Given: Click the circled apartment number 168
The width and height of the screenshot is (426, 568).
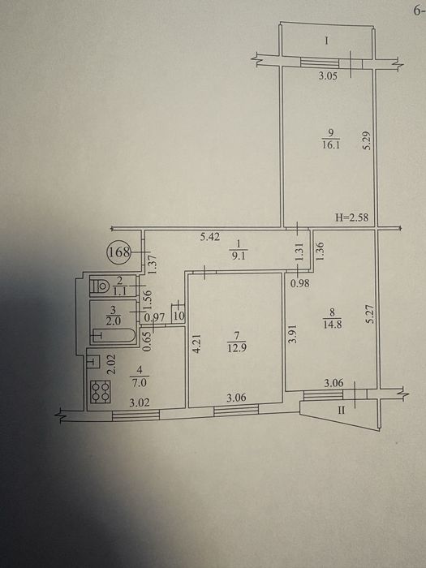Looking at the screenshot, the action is coord(118,252).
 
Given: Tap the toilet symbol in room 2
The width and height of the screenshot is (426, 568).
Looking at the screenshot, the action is coord(101,286).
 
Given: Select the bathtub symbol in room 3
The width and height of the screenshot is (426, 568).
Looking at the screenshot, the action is coord(114,335).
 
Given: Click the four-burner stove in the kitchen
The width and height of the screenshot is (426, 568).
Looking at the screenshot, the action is coord(101,392).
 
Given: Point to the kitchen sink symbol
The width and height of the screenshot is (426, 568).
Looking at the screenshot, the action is coord(93,361).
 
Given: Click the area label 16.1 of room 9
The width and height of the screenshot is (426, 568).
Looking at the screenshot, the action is coord(331,145).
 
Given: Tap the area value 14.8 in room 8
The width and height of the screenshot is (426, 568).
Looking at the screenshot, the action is coord(332,325).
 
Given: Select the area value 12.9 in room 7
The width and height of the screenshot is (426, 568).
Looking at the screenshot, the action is coord(235,351).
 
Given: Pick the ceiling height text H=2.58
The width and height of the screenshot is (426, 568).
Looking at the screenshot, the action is coord(351,217).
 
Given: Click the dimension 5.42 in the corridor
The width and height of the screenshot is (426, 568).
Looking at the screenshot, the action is coord(209,237).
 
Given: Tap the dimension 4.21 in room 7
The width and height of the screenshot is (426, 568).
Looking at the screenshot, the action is coord(196,343).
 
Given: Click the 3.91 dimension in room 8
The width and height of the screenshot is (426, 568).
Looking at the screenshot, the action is coord(294,334).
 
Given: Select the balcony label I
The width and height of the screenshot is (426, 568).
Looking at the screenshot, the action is coord(326,41).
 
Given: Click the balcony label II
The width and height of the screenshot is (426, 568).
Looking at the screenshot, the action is coord(342,411).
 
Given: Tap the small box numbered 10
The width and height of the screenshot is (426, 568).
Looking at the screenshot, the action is coord(179,316).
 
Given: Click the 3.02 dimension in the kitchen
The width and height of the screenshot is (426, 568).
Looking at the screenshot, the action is coord(140,402).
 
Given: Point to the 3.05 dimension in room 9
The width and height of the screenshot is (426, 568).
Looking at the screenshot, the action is coord(328,76).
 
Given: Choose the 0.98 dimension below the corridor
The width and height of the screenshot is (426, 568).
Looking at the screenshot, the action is coord(300,283).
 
